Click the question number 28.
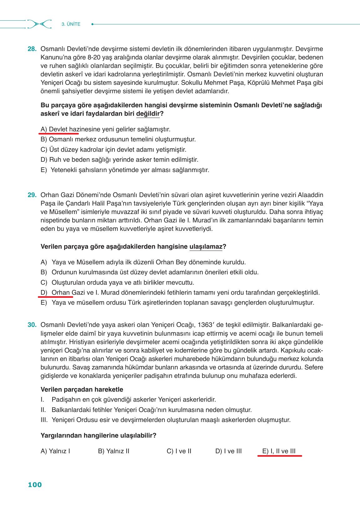32,49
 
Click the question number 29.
32,195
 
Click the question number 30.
32,325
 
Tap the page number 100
35,485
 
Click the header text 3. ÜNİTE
71,24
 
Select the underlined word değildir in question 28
148,114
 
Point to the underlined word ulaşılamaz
206,247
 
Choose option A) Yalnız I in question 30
55,451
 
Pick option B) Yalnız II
114,451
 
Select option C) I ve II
179,451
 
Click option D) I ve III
228,451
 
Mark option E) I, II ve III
279,451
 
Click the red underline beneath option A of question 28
59,133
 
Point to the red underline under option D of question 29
56,297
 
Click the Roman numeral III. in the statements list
44,420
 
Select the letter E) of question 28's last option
44,170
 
